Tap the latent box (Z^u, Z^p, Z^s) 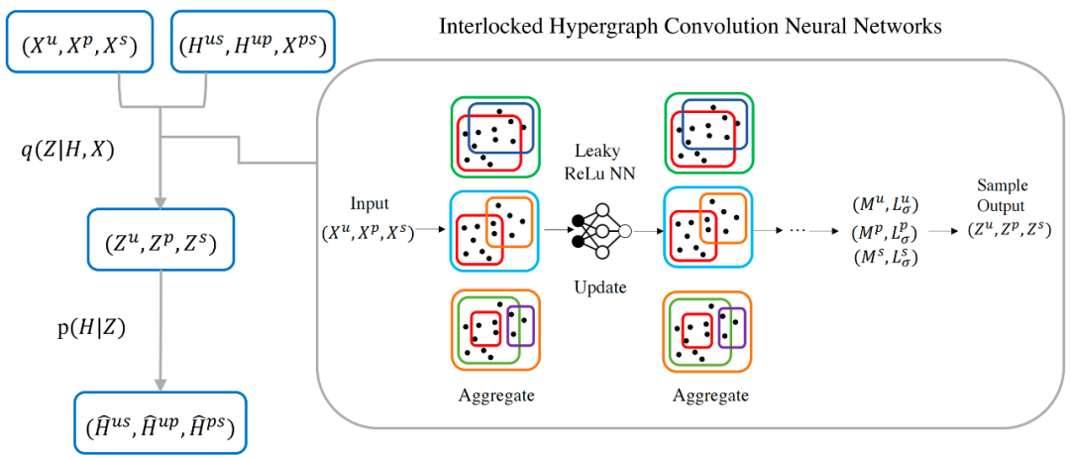tap(161, 240)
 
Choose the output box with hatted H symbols tap(160, 424)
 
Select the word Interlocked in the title tap(491, 27)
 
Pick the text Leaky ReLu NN tap(602, 163)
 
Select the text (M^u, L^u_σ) tap(884, 206)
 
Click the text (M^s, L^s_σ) tap(884, 256)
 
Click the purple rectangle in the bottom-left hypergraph tap(520, 325)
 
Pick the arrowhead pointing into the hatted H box tap(160, 386)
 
